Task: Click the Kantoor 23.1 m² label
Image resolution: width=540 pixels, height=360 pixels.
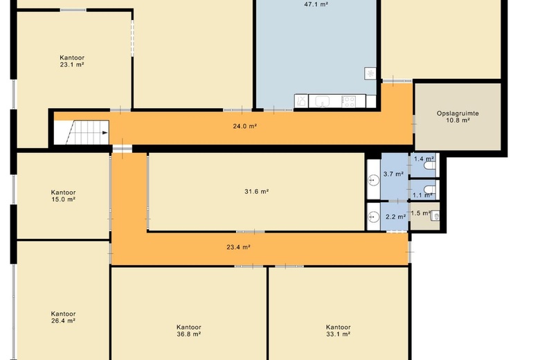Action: point(72,61)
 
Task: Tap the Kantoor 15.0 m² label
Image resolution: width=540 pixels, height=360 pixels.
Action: point(64,196)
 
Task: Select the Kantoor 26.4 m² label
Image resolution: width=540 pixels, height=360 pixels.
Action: point(64,317)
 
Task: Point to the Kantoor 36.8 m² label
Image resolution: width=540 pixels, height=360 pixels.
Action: point(189,330)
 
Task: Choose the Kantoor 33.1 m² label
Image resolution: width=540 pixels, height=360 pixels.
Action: point(338,330)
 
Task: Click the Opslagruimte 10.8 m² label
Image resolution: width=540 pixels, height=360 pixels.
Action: point(458,116)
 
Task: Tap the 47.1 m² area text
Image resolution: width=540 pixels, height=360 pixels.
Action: point(316,4)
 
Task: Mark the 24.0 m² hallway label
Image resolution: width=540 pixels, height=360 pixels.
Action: point(245,126)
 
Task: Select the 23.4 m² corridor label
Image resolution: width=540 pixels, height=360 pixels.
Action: point(238,246)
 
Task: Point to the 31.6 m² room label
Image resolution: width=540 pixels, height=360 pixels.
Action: point(257,191)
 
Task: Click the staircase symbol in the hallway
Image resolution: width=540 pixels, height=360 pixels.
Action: point(82,132)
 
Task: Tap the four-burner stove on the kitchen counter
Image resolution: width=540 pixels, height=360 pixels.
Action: point(348,102)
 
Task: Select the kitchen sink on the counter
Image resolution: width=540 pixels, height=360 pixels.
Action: point(323,101)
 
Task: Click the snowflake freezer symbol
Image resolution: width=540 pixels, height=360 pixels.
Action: point(370,73)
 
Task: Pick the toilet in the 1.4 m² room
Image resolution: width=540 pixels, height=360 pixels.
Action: point(430,165)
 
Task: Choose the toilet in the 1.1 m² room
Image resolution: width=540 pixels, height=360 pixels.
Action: point(430,190)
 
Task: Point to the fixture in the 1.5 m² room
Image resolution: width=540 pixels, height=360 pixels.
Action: point(435,216)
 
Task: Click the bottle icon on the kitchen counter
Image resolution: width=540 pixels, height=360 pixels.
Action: point(301,101)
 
